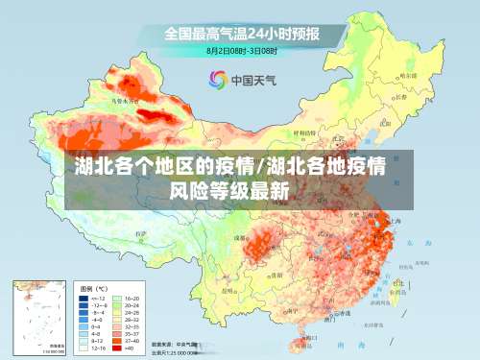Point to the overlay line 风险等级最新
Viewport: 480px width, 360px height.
tap(229, 190)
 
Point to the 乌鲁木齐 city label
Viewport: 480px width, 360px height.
tap(116, 100)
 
